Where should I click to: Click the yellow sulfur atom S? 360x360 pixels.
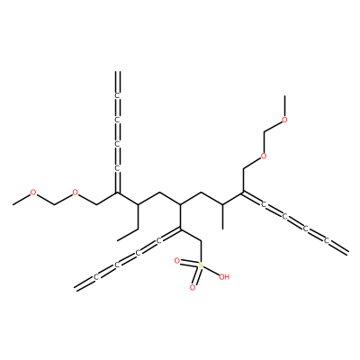click(201, 265)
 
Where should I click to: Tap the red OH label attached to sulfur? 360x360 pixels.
click(224, 277)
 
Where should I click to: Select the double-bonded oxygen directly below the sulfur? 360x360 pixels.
click(193, 288)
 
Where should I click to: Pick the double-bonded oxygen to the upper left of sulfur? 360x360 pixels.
click(177, 261)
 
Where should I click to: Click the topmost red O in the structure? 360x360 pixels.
click(285, 120)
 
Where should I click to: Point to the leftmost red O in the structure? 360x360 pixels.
click(33, 193)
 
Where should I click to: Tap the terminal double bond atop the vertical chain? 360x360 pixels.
click(118, 82)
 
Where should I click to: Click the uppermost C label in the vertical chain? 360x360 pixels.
click(118, 95)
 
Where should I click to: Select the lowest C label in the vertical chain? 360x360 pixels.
click(118, 168)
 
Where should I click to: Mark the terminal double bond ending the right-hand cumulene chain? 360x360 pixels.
click(339, 247)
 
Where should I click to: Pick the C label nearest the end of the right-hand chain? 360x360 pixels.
click(327, 240)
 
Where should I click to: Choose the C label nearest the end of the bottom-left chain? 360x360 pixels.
click(96, 277)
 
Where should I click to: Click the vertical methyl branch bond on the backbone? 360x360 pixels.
click(222, 217)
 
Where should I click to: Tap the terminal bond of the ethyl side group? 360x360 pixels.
click(128, 235)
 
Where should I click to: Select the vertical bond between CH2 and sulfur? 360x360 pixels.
click(201, 251)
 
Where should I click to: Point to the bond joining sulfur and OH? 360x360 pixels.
click(211, 271)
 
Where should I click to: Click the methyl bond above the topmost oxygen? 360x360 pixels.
click(285, 106)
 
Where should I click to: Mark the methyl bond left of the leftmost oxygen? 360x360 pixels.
click(21, 200)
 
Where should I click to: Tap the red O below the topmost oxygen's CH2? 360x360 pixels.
click(264, 156)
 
